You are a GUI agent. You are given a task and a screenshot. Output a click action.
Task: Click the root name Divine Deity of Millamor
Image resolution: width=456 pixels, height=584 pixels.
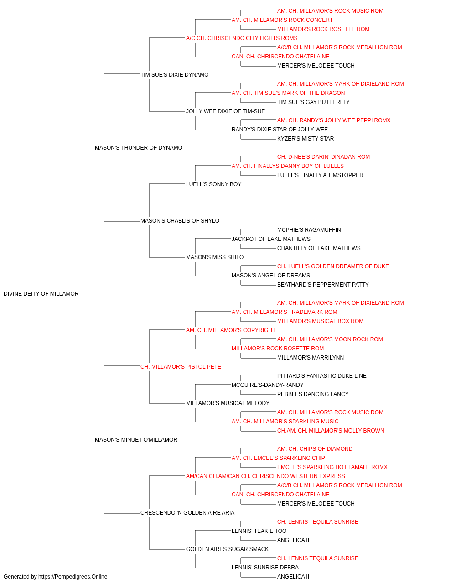point(41,294)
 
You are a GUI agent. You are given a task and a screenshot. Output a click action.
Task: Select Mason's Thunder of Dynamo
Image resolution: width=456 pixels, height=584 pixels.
point(139,148)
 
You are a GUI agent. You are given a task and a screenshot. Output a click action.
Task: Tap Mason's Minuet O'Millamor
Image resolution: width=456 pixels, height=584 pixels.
point(136,440)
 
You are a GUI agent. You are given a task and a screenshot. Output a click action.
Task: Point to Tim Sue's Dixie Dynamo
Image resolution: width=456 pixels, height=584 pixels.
point(175,75)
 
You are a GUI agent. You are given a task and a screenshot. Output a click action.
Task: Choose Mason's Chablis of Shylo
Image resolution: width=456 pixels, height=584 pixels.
point(180,221)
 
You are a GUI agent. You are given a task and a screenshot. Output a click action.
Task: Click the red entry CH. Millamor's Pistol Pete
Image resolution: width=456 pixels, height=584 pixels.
point(181,367)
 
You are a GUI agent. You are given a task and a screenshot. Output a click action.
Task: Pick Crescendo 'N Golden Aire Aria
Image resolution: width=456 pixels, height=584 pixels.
point(187,513)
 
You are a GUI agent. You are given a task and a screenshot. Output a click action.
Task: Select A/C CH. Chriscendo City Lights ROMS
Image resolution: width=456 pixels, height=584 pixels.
point(242,38)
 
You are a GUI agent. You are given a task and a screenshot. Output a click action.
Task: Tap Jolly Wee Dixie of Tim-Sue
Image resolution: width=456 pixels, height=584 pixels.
point(226,111)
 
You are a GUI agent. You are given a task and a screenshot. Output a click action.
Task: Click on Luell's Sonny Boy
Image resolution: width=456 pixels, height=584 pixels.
point(214,184)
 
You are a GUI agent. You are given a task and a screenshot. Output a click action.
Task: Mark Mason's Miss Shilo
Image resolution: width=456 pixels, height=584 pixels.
point(215,257)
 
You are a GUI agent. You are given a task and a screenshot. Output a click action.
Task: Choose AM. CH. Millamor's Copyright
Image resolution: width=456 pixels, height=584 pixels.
point(231,330)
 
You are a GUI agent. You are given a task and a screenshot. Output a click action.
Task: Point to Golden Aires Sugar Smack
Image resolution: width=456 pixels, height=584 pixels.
point(228,549)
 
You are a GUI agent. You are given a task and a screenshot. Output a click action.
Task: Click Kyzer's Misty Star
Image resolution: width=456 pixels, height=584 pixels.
point(306,139)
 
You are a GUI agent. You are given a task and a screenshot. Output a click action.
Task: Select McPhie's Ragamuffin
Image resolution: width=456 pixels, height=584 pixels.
point(309,230)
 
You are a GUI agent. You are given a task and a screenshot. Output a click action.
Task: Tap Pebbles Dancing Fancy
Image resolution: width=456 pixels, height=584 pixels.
point(313,394)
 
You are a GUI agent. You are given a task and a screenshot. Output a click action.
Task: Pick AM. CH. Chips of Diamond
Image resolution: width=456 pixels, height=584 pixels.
point(315,449)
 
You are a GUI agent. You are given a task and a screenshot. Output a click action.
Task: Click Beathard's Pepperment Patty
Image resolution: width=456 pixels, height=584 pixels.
point(323,285)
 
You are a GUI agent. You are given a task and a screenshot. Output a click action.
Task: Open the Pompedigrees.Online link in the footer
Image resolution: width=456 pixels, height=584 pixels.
point(73,577)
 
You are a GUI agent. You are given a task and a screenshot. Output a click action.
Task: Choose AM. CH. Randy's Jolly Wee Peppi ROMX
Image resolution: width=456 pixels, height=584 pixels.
point(334,120)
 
